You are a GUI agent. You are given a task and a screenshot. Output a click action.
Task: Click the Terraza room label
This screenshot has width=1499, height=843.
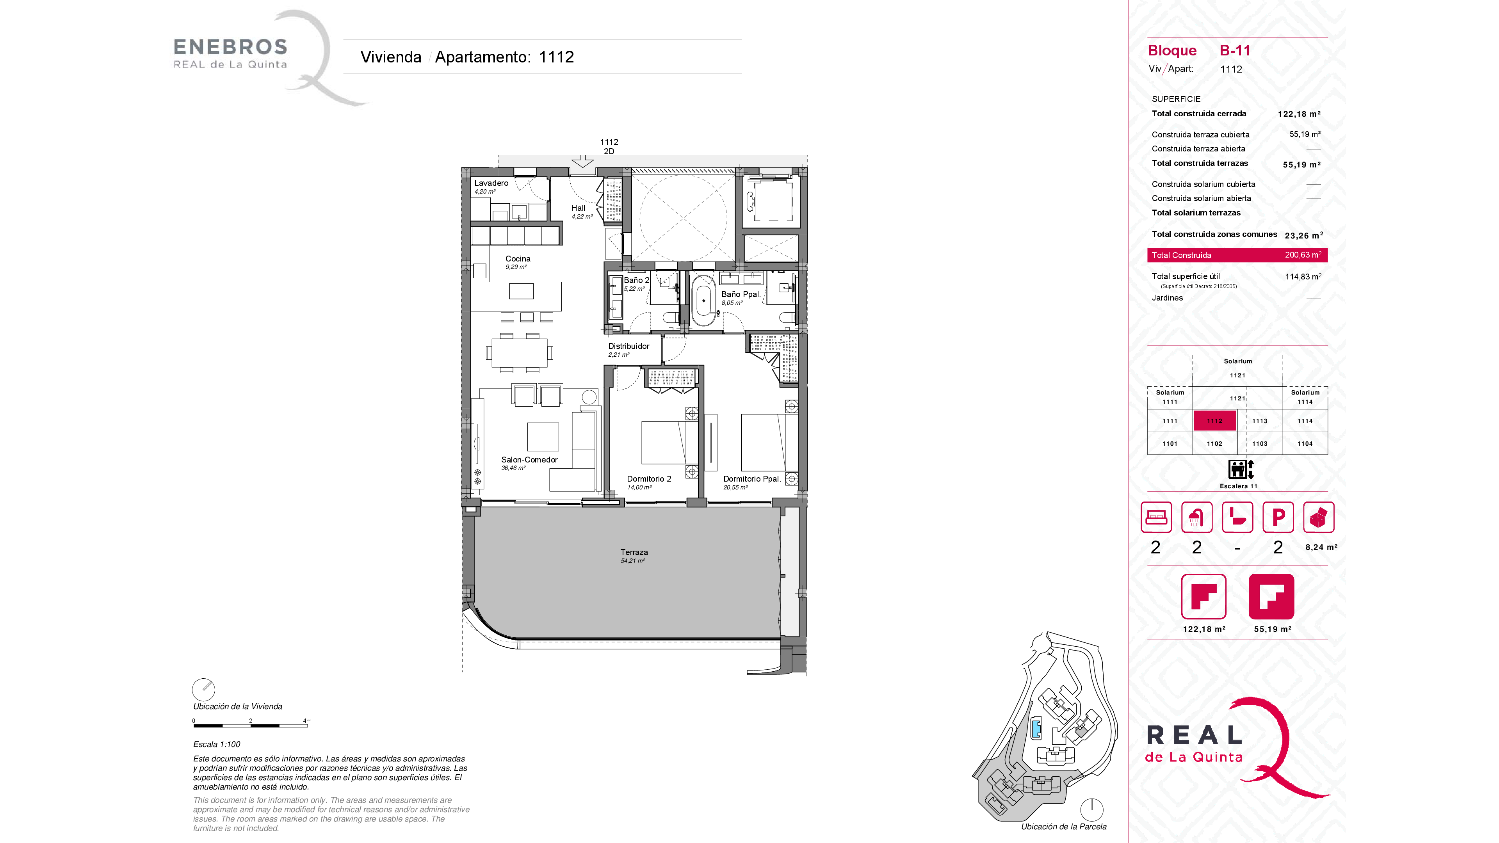[634, 552]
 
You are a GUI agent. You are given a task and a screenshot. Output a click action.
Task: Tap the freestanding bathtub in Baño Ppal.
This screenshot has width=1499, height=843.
[703, 300]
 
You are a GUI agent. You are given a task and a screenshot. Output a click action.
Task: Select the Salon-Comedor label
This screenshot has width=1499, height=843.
[529, 460]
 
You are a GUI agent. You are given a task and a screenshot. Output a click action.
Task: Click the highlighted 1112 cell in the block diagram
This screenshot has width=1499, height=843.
[1214, 421]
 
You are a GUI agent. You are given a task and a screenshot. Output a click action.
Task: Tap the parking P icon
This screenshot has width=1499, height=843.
[1278, 517]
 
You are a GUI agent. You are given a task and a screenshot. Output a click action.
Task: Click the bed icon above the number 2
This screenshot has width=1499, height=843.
[1155, 517]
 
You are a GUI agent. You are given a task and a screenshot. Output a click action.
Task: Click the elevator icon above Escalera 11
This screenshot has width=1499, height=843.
[1241, 469]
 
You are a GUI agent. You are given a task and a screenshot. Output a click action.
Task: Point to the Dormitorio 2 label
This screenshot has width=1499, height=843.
[649, 479]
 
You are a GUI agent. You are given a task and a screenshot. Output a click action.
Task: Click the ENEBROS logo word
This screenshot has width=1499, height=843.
[230, 46]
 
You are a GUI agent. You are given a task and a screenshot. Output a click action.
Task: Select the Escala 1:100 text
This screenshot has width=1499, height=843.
[217, 744]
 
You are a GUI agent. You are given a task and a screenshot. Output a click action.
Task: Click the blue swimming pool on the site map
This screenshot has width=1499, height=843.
[1036, 728]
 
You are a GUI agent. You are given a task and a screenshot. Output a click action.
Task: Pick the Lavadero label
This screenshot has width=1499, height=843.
[491, 183]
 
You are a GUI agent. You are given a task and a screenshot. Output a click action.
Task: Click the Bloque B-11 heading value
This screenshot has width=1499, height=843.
[1235, 51]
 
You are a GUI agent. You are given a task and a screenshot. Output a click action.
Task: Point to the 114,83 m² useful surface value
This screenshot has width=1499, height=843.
[1303, 276]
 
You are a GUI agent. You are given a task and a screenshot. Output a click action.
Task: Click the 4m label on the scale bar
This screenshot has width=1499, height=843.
[307, 721]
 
